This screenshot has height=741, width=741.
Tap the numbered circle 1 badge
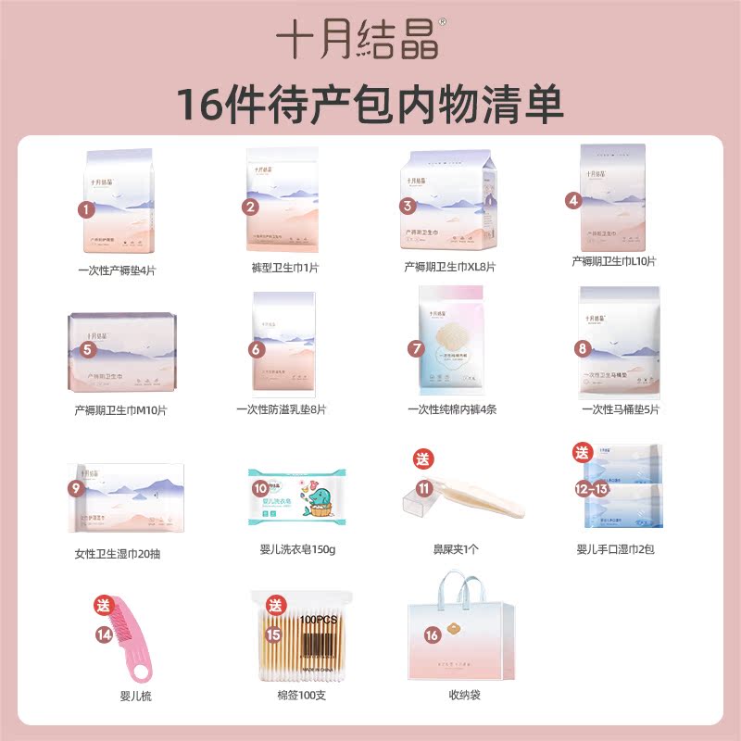pos(87,209)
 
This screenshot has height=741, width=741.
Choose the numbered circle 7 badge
pos(417,348)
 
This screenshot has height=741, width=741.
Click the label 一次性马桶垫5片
pos(621,408)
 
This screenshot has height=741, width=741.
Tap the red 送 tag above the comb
pos(101,607)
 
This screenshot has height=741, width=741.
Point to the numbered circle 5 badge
pos(87,349)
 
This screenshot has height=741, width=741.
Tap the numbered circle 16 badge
pos(432,634)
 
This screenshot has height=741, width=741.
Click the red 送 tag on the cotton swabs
pos(274,606)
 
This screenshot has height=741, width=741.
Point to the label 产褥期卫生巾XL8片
pos(449,267)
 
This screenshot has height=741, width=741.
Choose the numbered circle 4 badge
pos(573,199)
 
